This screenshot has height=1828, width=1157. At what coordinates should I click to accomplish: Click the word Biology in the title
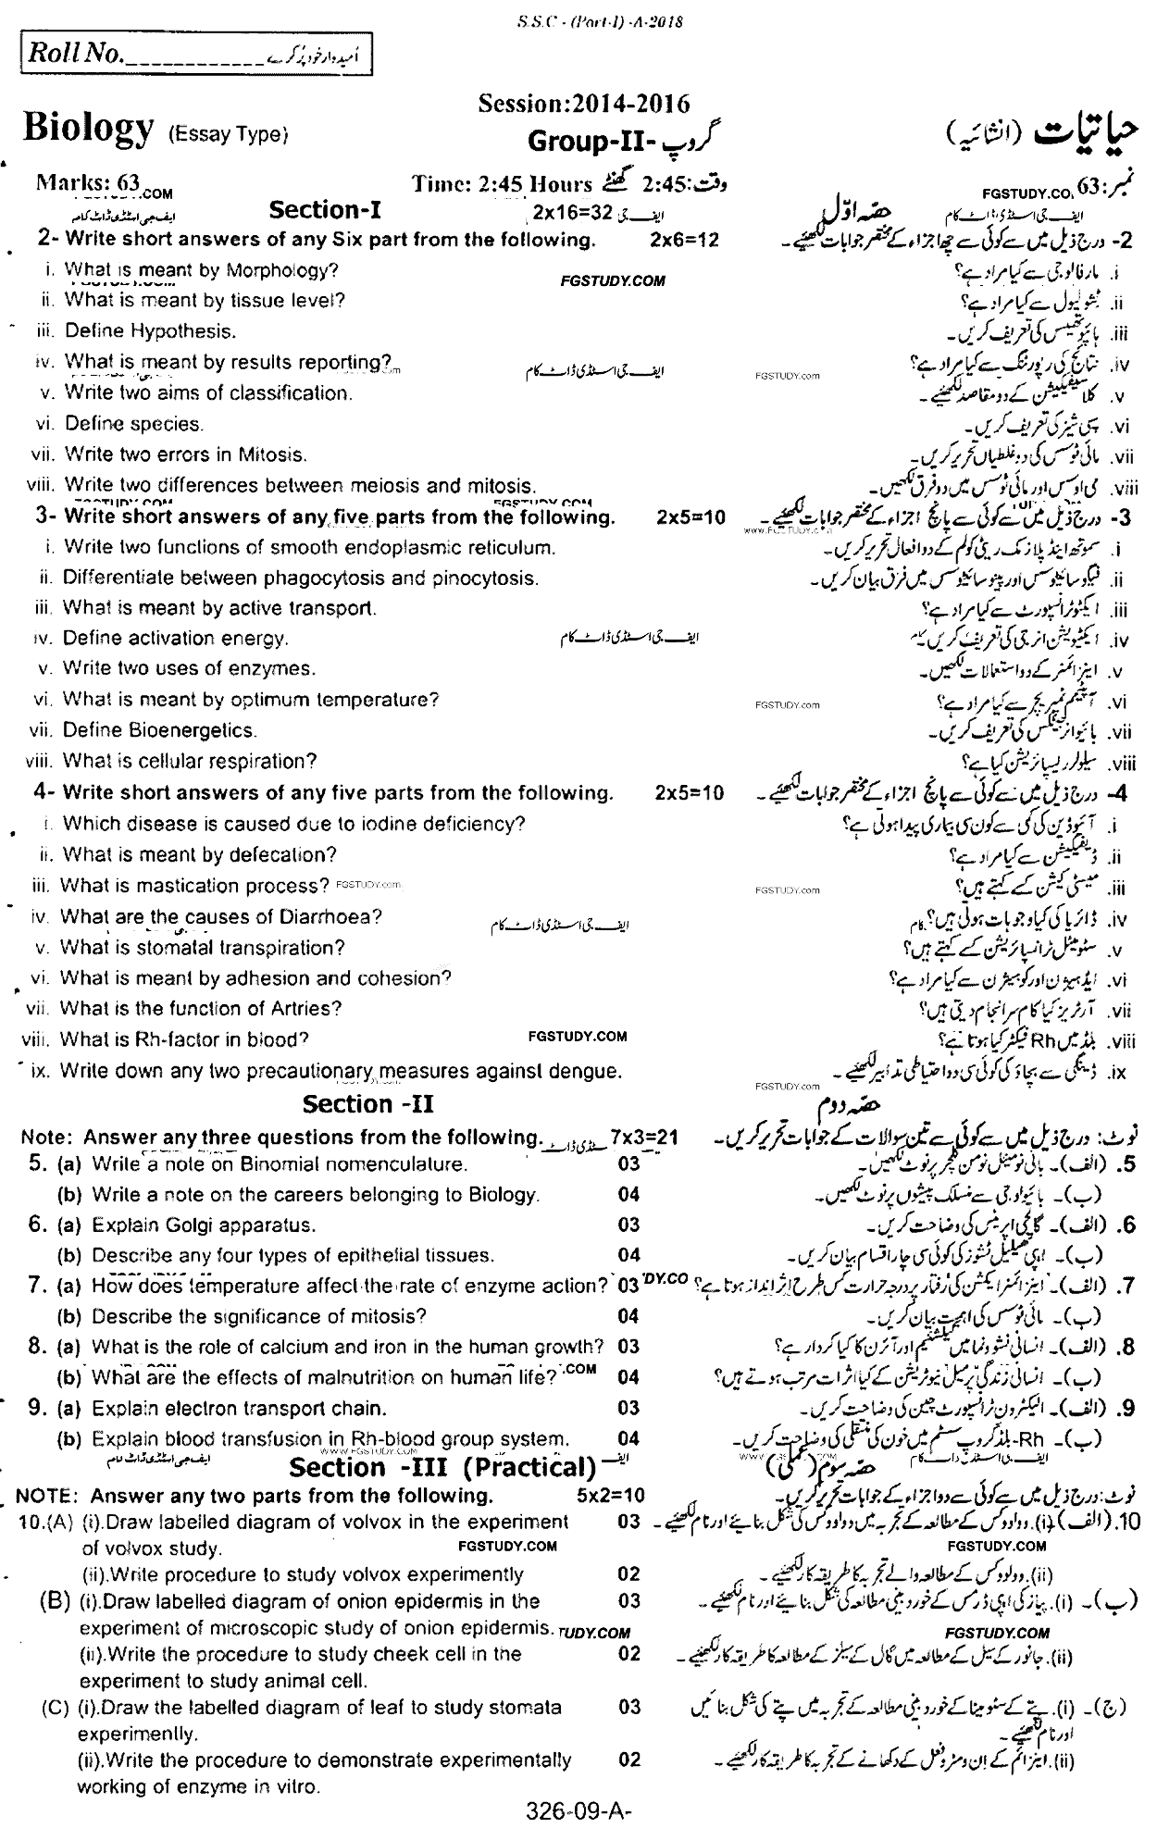(88, 129)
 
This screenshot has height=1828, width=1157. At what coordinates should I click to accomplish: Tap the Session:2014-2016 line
(583, 105)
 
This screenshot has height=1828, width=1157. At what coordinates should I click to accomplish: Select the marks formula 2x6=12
(684, 241)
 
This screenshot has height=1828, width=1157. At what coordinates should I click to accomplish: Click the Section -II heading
(368, 1104)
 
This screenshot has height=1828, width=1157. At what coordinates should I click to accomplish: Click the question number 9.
(37, 1408)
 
